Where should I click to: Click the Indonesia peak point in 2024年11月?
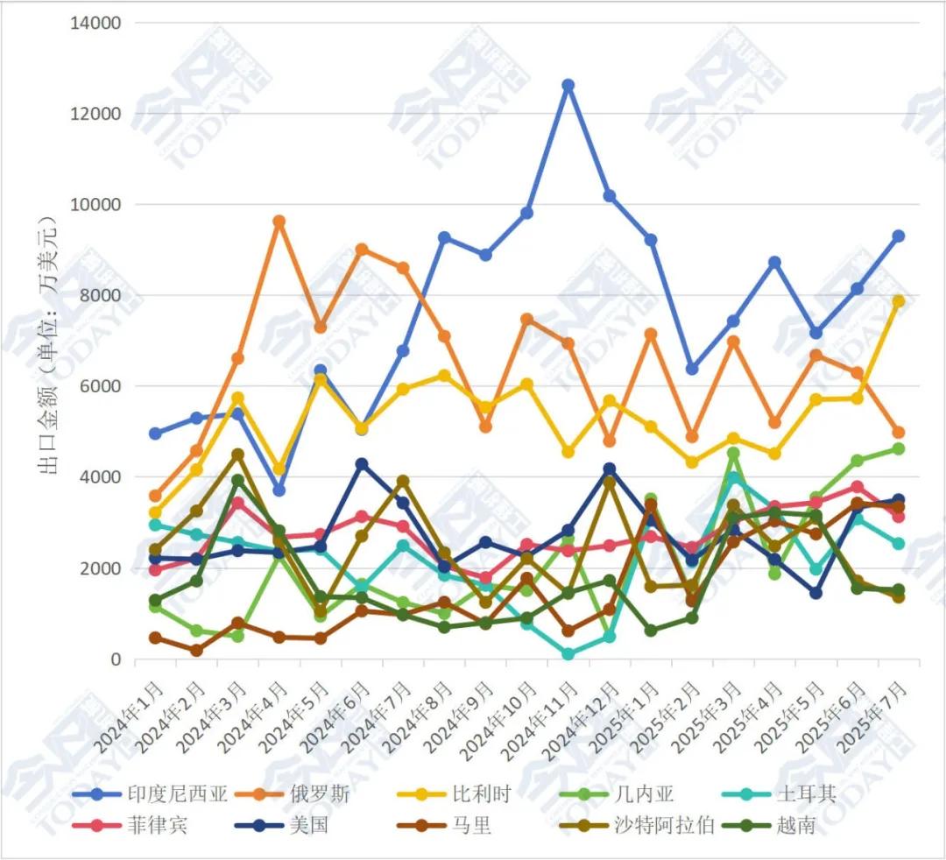pyautogui.click(x=568, y=85)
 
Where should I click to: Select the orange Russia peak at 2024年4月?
pyautogui.click(x=279, y=222)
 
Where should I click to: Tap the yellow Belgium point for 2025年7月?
pyautogui.click(x=898, y=301)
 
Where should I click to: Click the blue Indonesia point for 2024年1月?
pyautogui.click(x=155, y=434)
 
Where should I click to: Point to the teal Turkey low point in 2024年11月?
pyautogui.click(x=568, y=654)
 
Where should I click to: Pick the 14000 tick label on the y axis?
pyautogui.click(x=95, y=23)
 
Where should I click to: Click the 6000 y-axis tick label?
pyautogui.click(x=101, y=386)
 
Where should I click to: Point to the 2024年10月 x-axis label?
pyautogui.click(x=501, y=705)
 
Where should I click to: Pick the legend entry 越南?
pyautogui.click(x=795, y=824)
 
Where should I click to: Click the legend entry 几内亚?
pyautogui.click(x=649, y=795)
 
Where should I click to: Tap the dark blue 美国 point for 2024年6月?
pyautogui.click(x=362, y=464)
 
